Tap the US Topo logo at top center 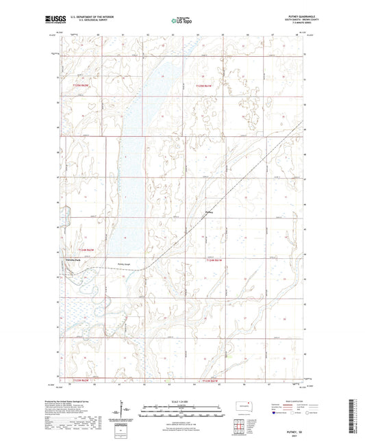[180, 21]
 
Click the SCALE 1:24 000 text [181, 401]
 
